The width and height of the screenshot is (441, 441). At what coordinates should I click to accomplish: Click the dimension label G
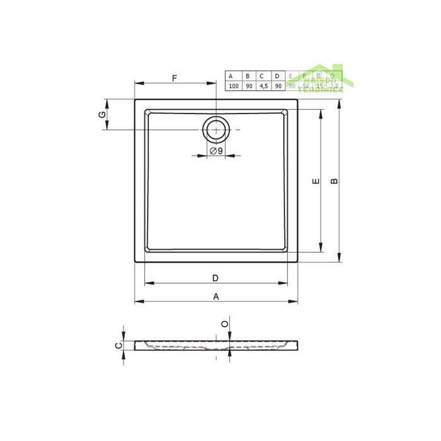click(101, 114)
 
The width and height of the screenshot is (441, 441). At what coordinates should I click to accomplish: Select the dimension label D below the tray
click(215, 278)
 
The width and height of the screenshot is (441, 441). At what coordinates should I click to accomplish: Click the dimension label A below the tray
click(215, 296)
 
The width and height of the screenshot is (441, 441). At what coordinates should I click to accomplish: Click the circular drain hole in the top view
click(216, 130)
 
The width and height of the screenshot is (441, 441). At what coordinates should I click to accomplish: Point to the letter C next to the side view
click(117, 345)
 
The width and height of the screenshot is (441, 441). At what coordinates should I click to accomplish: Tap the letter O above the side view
click(225, 324)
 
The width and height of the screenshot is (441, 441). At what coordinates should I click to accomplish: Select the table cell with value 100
click(233, 86)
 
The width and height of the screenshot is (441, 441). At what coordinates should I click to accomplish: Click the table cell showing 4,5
click(263, 86)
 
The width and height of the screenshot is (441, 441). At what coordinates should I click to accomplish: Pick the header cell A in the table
click(233, 76)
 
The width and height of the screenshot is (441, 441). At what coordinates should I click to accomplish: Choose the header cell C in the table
click(263, 76)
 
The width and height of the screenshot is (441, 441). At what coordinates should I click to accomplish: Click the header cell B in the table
click(248, 76)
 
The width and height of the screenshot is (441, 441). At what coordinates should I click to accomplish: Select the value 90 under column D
click(277, 86)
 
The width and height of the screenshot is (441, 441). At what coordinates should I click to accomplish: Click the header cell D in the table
click(277, 76)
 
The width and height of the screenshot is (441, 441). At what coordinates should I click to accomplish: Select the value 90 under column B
click(248, 86)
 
